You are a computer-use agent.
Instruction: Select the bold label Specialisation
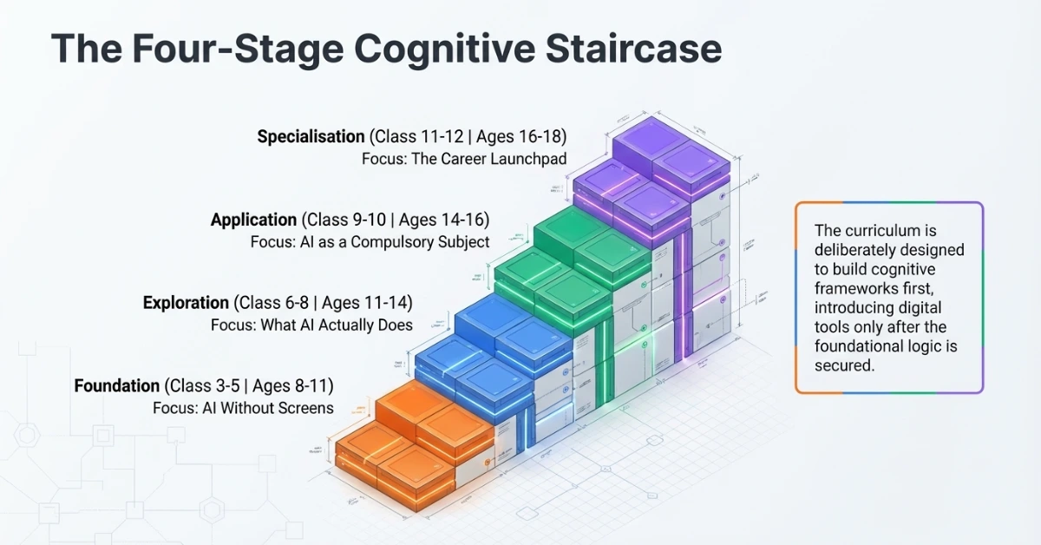click(311, 137)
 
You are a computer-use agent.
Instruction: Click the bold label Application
click(253, 220)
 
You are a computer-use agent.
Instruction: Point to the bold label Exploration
click(186, 303)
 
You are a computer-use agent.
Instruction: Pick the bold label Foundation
click(117, 386)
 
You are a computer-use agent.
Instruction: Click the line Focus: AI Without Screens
click(243, 408)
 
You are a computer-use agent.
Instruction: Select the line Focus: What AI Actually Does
click(311, 325)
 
